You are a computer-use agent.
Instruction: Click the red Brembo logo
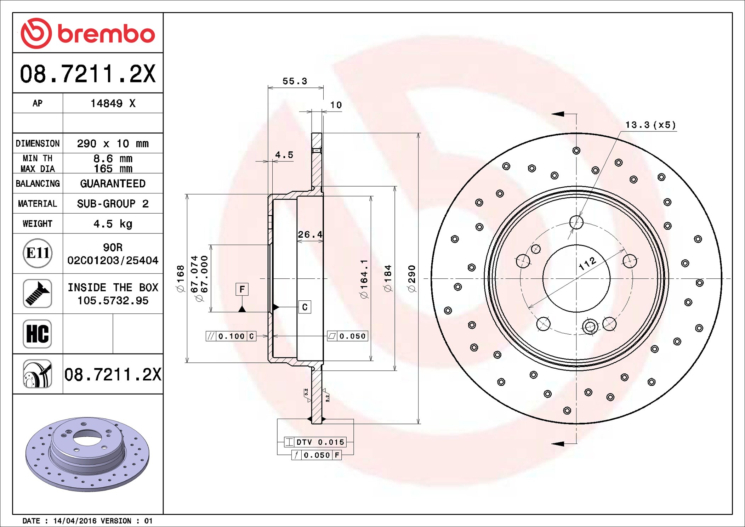click(87, 33)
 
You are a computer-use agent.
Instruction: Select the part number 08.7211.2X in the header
click(87, 74)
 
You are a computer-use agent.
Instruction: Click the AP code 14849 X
click(113, 103)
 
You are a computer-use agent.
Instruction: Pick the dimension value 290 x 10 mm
click(113, 143)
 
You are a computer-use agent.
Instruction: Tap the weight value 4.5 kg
click(113, 224)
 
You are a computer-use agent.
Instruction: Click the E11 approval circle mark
click(38, 253)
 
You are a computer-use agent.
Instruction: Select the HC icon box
click(38, 334)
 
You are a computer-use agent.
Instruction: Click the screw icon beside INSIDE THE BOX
click(38, 293)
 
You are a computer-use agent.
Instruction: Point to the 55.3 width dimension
click(295, 81)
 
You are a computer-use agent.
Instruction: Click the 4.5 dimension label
click(284, 155)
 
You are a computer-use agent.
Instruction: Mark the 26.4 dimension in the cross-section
click(310, 234)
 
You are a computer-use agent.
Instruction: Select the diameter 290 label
click(411, 278)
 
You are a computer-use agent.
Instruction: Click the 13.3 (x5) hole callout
click(650, 125)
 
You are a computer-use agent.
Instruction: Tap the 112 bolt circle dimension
click(587, 263)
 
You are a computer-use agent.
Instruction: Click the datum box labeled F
click(242, 289)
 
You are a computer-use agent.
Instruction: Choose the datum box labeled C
click(305, 307)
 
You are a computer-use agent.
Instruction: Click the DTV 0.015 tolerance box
click(315, 442)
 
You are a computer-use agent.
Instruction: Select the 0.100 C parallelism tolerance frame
click(231, 336)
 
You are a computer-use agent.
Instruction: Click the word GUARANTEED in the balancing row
click(113, 183)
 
